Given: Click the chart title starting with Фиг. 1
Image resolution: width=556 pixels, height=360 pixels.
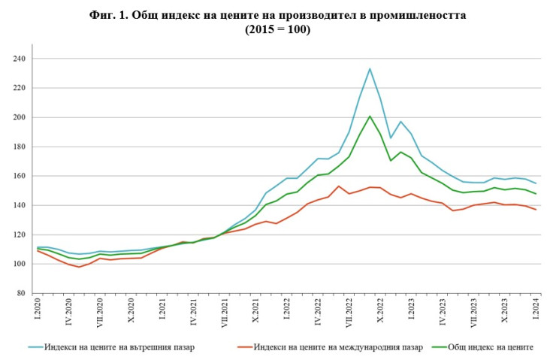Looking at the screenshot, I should coord(277,15).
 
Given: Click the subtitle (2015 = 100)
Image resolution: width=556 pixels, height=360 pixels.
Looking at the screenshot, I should coord(277,29).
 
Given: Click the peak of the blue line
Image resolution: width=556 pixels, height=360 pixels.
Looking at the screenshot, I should coord(370,69).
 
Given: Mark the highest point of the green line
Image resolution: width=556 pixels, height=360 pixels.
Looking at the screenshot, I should coord(370,116).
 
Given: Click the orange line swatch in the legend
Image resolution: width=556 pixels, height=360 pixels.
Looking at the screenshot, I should coord(242,346).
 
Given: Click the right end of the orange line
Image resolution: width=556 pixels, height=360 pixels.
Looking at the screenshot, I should coord(536,209).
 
